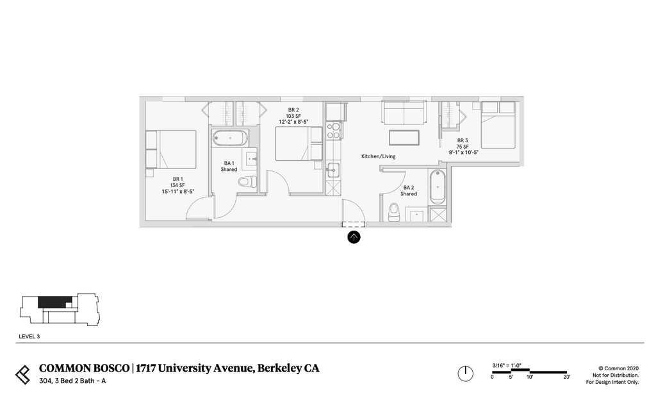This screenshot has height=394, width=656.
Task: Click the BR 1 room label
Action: (x=178, y=179)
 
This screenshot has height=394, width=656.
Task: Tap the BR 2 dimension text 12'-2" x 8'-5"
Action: (x=293, y=122)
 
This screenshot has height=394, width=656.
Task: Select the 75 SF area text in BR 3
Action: (x=463, y=147)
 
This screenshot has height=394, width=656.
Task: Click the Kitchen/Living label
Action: (x=378, y=156)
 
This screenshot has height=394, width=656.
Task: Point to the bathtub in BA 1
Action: (x=230, y=138)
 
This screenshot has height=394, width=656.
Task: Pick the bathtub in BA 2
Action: (x=438, y=187)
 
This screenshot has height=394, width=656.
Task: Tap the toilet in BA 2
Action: (x=394, y=213)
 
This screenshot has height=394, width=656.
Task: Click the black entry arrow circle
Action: (x=354, y=237)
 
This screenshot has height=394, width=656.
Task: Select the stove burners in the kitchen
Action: (x=334, y=130)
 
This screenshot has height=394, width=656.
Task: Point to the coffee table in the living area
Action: (x=404, y=138)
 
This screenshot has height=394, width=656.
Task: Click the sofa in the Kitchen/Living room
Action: (x=404, y=112)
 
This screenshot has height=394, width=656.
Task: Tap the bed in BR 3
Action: (x=498, y=125)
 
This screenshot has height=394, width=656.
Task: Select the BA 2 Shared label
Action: (x=409, y=191)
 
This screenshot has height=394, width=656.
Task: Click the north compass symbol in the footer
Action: (x=465, y=373)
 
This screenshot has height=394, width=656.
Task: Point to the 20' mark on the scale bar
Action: (x=566, y=377)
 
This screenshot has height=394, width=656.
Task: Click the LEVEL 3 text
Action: (x=29, y=337)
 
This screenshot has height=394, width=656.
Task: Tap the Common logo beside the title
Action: (x=23, y=375)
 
